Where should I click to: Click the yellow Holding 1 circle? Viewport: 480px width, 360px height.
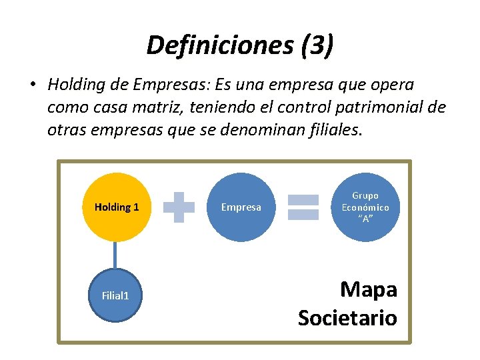[x=117, y=207]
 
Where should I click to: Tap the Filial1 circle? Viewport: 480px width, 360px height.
[x=115, y=295]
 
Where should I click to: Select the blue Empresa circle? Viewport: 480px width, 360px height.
[x=241, y=207]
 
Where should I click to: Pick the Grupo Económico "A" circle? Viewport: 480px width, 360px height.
[x=365, y=207]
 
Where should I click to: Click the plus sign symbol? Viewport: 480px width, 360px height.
[x=179, y=207]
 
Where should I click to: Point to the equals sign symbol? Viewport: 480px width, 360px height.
[x=303, y=207]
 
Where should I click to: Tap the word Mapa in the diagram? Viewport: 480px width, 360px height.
[x=368, y=289]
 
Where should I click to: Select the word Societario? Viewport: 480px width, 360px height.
[x=347, y=317]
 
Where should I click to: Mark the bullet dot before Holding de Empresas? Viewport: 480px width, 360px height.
[x=32, y=85]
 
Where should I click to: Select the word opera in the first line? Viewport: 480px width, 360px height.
[x=392, y=85]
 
